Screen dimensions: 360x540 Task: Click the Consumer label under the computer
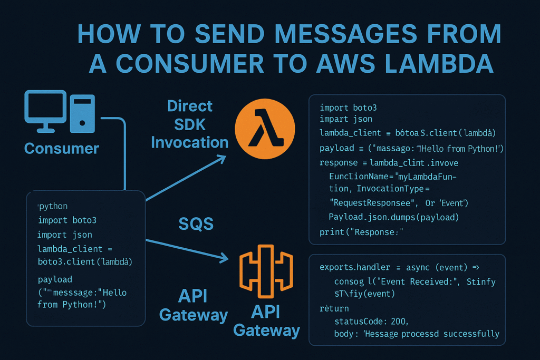(61, 148)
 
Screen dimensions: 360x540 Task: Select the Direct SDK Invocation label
(190, 124)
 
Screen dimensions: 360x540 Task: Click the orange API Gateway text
(266, 320)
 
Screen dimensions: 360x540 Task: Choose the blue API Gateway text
(193, 305)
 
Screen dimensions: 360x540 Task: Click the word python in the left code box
(53, 206)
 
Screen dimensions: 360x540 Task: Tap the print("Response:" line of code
(358, 232)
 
